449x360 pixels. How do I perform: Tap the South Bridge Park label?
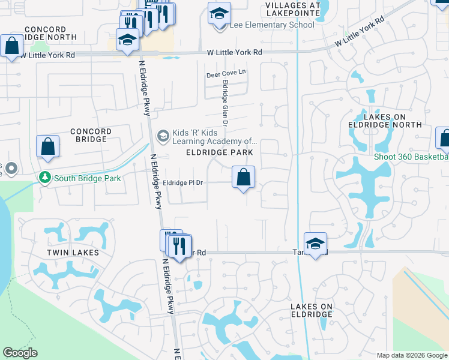(x=87, y=178)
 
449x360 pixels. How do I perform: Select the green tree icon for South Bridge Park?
(x=44, y=178)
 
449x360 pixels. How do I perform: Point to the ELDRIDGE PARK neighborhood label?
(x=219, y=153)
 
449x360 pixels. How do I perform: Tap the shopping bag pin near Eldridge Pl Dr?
(x=244, y=178)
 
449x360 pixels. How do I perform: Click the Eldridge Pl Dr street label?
(x=184, y=182)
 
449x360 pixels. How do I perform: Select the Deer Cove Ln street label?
(x=227, y=75)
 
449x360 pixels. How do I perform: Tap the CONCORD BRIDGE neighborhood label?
(x=91, y=135)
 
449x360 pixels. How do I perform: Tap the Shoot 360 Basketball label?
(x=411, y=157)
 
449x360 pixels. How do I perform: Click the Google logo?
(x=20, y=353)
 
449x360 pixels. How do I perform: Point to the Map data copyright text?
(x=411, y=355)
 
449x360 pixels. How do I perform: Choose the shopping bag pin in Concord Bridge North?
(x=11, y=46)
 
